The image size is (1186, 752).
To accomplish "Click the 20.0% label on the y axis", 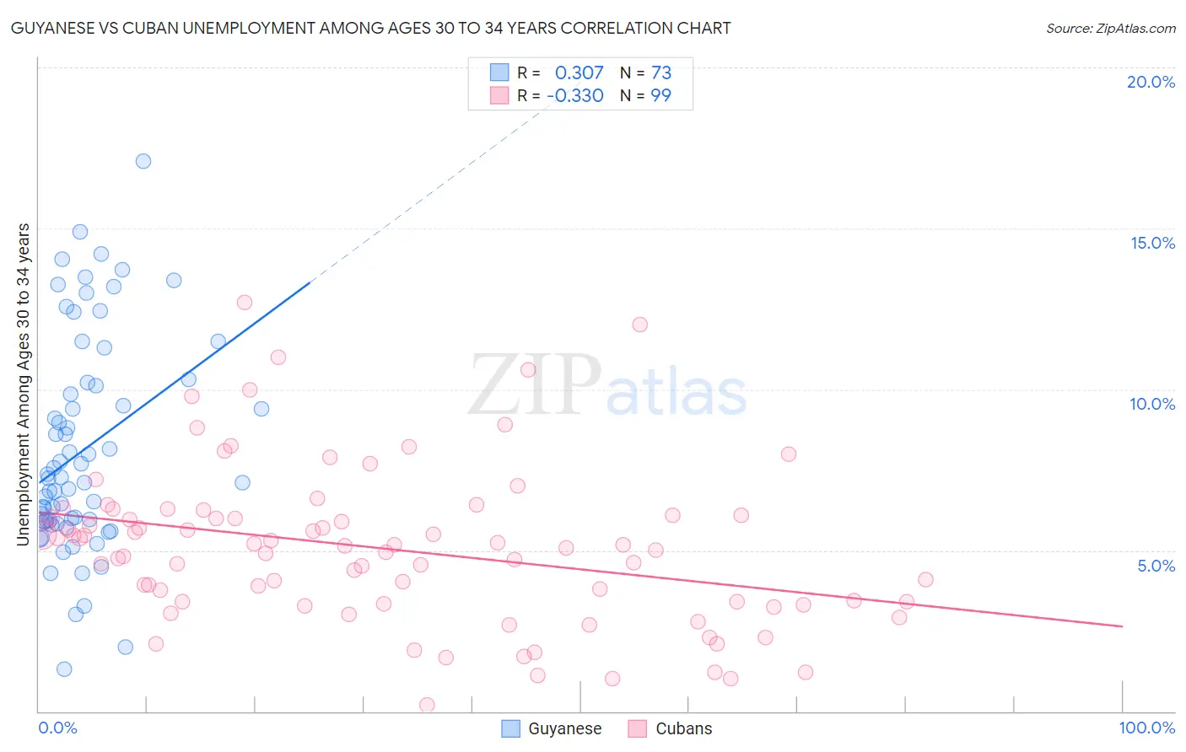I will click(1151, 82).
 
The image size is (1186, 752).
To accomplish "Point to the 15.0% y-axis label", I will click(1152, 243).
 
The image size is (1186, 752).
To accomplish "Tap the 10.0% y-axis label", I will click(1152, 404).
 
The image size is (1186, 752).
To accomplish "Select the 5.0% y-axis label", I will click(1156, 566).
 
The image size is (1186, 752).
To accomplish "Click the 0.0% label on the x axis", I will click(57, 728).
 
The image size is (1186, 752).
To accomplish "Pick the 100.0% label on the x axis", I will click(1146, 728).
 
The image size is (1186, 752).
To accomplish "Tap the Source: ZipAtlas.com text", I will click(1110, 28).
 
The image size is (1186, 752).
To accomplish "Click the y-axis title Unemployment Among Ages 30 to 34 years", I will click(24, 384).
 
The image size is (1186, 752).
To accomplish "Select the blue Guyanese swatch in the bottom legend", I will click(510, 728).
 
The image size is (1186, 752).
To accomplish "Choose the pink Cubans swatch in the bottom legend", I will click(638, 728).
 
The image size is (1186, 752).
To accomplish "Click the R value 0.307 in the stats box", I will click(579, 73).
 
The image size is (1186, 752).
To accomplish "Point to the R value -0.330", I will click(575, 95).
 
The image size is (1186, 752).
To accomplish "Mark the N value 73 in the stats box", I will click(660, 73).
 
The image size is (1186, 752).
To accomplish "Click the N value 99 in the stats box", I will click(660, 95).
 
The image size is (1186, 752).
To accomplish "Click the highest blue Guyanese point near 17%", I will click(143, 161).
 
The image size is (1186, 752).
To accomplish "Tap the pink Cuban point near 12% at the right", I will click(639, 325).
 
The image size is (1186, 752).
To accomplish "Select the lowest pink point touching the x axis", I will click(427, 705).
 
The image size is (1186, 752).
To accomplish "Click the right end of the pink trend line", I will click(1122, 626).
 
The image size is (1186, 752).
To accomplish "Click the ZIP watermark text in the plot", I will click(534, 386).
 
